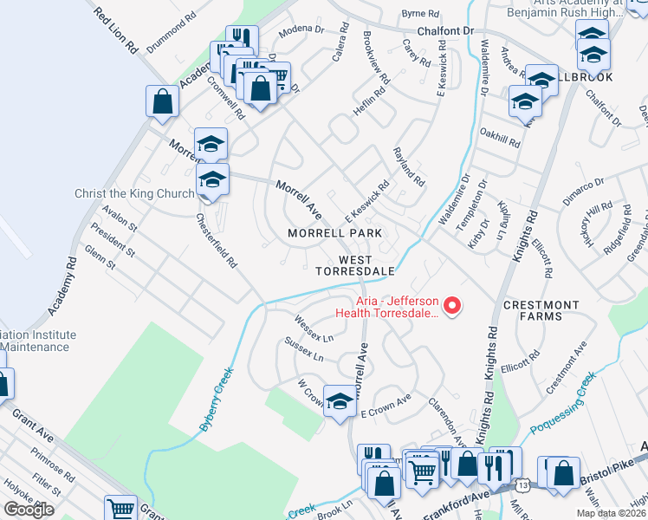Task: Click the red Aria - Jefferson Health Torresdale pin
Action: tap(451, 305)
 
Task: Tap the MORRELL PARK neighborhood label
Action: tap(334, 234)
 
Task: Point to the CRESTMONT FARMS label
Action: tap(541, 313)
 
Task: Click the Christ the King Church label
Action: tap(134, 193)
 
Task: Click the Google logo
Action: tap(29, 510)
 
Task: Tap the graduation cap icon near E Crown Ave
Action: tap(341, 400)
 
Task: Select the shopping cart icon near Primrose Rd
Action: tap(120, 509)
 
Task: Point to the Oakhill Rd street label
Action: tap(499, 138)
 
